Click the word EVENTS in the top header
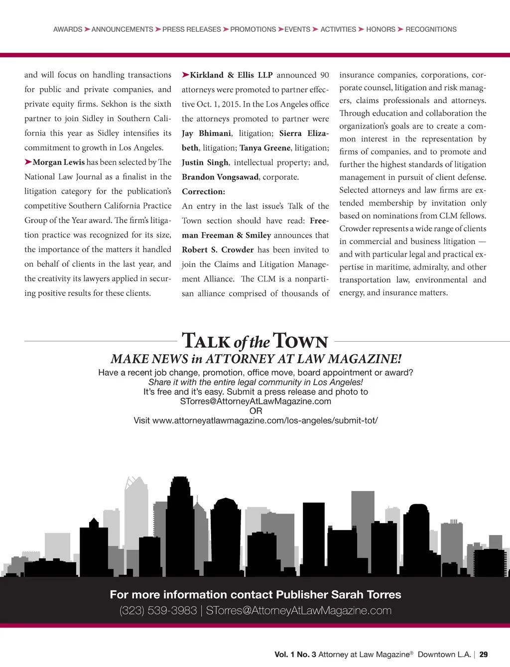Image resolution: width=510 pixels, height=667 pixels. click(x=297, y=29)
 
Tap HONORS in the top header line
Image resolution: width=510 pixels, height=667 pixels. click(x=381, y=29)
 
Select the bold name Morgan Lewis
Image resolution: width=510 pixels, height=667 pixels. click(x=59, y=162)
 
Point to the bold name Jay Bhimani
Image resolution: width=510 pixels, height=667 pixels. click(x=206, y=133)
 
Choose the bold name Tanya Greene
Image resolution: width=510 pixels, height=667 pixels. click(x=265, y=148)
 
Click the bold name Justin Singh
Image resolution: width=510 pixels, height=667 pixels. click(x=205, y=162)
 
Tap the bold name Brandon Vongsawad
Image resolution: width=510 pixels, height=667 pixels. click(x=220, y=177)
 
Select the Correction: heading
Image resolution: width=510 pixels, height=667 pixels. click(x=203, y=192)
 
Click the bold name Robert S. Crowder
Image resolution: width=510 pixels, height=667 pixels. click(x=218, y=250)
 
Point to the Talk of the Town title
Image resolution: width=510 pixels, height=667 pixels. click(x=255, y=341)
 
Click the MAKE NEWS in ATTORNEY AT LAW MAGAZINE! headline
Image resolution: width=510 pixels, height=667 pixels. click(x=256, y=359)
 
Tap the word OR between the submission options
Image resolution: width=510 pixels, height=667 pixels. click(x=255, y=411)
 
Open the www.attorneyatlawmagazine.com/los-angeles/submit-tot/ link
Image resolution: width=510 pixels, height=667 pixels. click(x=265, y=420)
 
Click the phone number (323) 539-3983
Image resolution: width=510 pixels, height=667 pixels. click(x=158, y=611)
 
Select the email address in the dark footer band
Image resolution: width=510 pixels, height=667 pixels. click(x=299, y=611)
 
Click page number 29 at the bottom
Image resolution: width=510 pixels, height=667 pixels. click(x=484, y=655)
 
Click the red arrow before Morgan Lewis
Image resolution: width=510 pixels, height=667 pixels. click(x=28, y=162)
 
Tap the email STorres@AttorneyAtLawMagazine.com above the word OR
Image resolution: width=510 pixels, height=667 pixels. click(x=255, y=401)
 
